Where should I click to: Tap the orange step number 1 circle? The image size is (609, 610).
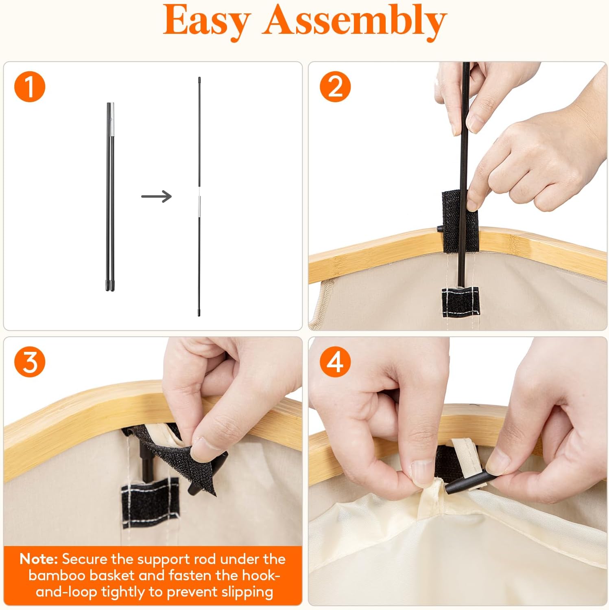pos(30,87)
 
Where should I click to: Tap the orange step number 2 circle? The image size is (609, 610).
pos(335,87)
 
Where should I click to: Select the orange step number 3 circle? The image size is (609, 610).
pos(30,362)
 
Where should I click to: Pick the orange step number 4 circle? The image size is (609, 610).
pos(335,362)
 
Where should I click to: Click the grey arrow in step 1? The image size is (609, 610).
pos(156,196)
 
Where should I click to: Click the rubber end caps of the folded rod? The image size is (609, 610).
pos(110,285)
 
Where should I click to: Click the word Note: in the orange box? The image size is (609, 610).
pos(39,559)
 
